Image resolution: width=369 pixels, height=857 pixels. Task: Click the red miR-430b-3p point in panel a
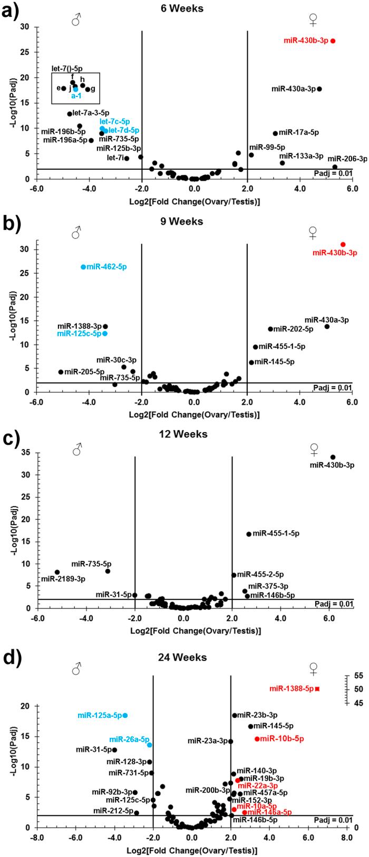click(333, 41)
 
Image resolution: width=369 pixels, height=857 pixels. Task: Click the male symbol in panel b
click(76, 233)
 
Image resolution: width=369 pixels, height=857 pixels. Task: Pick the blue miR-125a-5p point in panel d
click(125, 715)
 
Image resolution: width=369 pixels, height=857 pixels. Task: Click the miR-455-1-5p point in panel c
click(249, 534)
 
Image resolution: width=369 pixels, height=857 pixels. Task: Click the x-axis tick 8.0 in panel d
click(346, 837)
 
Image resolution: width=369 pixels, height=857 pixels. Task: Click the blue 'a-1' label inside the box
click(76, 96)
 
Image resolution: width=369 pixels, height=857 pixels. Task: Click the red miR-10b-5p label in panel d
click(282, 739)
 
